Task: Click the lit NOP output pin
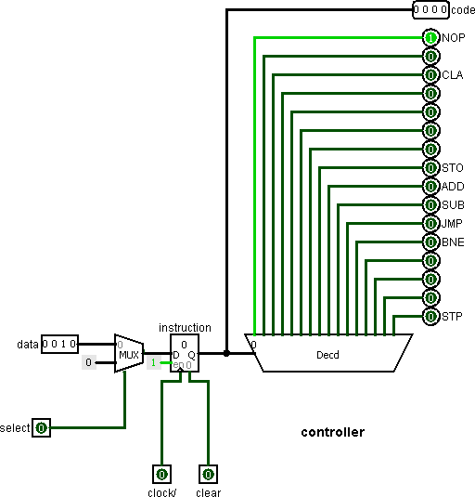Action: [x=430, y=38]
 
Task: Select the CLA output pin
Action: [x=430, y=75]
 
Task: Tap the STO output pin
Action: [x=430, y=168]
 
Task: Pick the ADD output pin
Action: [x=430, y=187]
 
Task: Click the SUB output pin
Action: [x=430, y=205]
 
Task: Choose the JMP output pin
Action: [x=430, y=224]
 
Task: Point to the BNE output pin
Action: [x=430, y=242]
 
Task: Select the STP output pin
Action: [x=430, y=317]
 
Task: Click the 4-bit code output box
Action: [x=430, y=10]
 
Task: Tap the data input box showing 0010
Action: [x=59, y=344]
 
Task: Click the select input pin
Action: [x=42, y=428]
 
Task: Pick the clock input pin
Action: [x=162, y=474]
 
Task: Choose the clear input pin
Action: [x=208, y=474]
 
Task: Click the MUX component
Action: [x=129, y=353]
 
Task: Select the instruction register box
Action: [x=185, y=353]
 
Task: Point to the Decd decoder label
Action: [x=327, y=355]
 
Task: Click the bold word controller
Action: [x=333, y=432]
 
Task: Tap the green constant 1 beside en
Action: [x=153, y=362]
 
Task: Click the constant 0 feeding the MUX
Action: [x=89, y=362]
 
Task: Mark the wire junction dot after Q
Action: [x=226, y=353]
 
